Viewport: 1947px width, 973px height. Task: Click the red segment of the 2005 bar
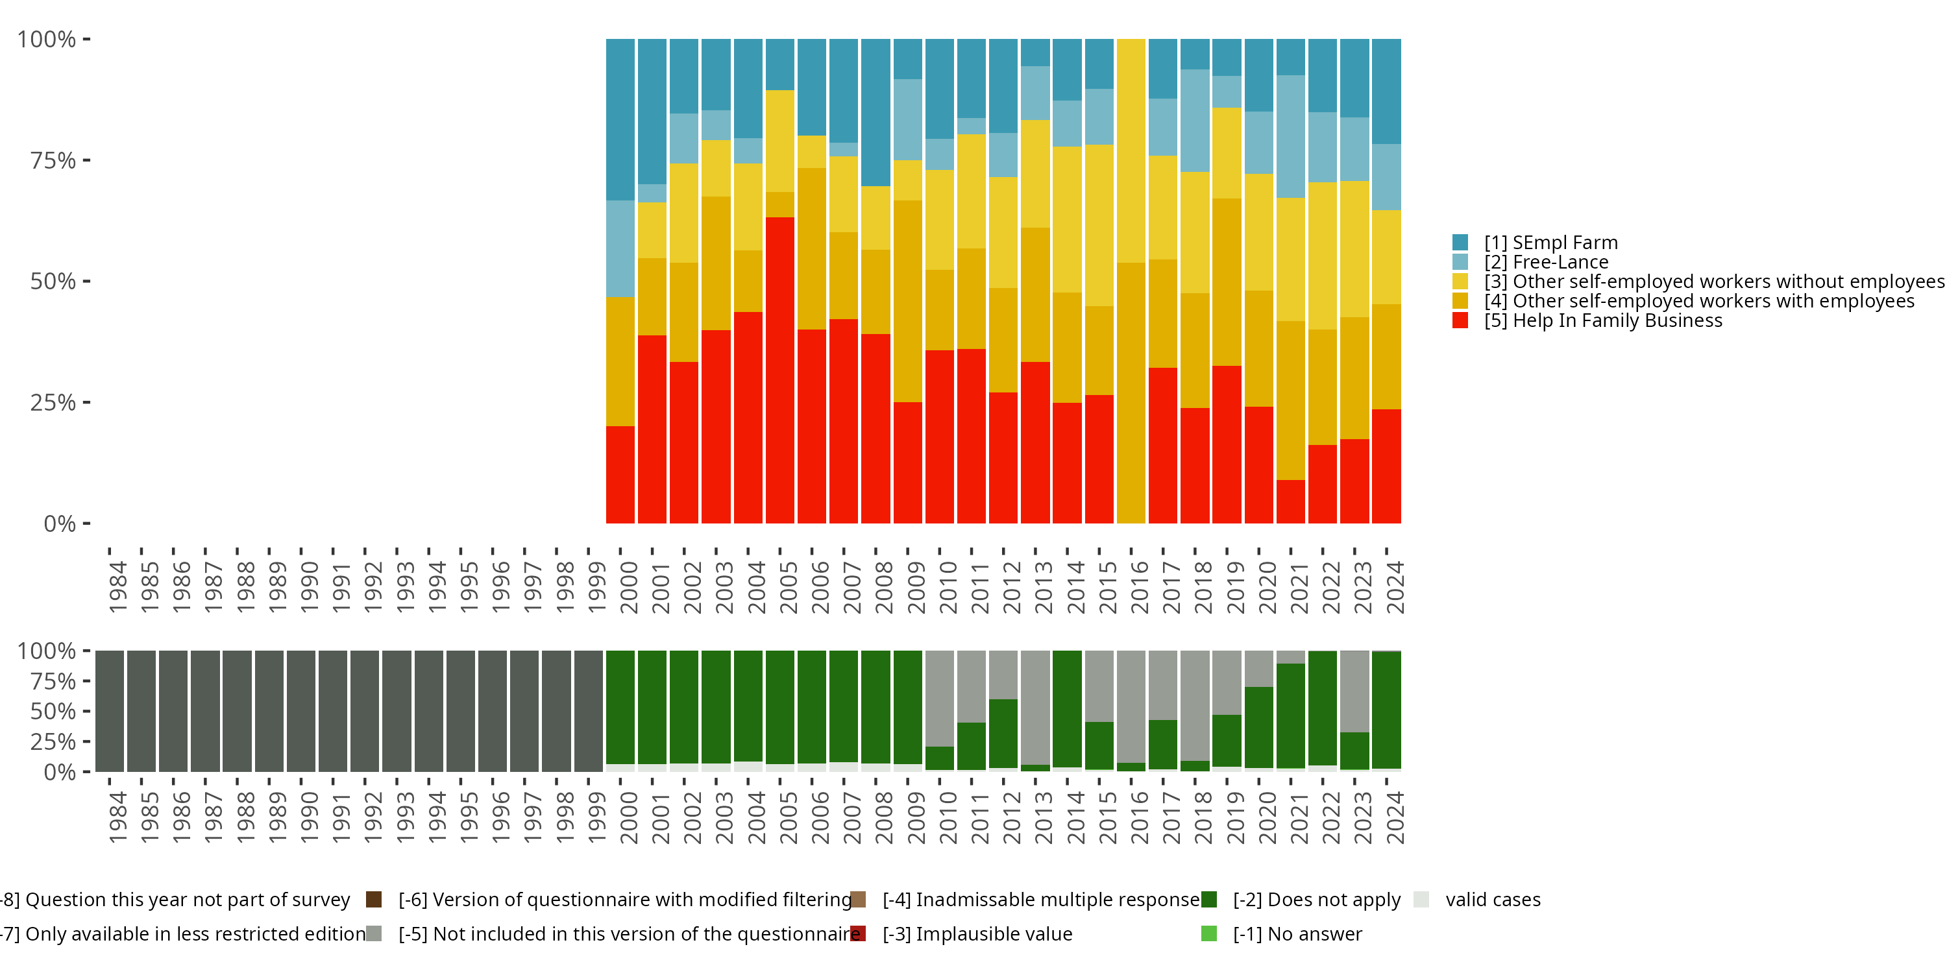click(779, 370)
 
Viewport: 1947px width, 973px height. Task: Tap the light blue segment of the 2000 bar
click(620, 248)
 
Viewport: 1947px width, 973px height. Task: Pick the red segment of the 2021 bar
click(1290, 501)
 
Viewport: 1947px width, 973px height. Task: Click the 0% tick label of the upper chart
click(60, 523)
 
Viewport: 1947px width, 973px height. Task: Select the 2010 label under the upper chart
click(948, 587)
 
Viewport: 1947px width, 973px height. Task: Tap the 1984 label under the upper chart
click(118, 587)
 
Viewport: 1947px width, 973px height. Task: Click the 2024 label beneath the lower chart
click(1395, 817)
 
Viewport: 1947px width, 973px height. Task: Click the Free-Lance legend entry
click(1546, 262)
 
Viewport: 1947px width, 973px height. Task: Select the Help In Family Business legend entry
click(1602, 320)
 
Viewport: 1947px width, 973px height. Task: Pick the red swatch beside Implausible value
click(858, 933)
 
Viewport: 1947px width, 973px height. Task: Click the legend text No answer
click(1297, 933)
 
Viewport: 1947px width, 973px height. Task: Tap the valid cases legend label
click(1493, 900)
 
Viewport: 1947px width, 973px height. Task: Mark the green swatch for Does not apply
click(1208, 900)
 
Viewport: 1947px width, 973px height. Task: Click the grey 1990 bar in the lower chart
click(301, 711)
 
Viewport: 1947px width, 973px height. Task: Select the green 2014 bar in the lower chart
click(1066, 708)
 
